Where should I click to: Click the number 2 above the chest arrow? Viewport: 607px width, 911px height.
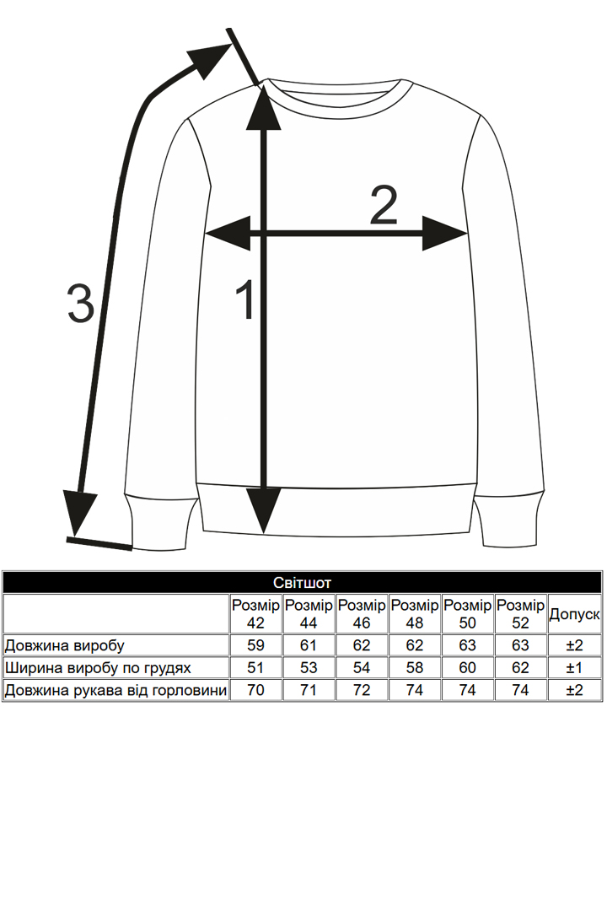(x=384, y=207)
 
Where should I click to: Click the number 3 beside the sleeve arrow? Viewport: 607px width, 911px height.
(x=80, y=304)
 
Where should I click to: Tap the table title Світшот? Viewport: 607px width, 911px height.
(x=303, y=583)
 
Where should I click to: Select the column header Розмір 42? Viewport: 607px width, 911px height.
(x=256, y=614)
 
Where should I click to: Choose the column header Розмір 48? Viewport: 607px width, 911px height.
(x=415, y=614)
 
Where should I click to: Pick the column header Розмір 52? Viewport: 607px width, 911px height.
(x=520, y=614)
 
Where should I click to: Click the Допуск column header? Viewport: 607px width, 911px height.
(x=574, y=615)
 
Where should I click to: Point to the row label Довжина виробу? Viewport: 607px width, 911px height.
(x=65, y=646)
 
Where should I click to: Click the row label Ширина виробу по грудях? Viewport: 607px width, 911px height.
(x=98, y=668)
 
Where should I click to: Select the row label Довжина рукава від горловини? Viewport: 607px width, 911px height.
(x=115, y=690)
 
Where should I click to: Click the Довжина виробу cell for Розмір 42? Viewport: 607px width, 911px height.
(x=256, y=646)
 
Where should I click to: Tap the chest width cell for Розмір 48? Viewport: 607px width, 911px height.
(x=415, y=668)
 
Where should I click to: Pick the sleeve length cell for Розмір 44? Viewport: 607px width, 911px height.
(x=309, y=690)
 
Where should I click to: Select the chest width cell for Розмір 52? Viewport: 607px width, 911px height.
(x=520, y=668)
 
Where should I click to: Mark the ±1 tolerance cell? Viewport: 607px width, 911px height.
(x=574, y=668)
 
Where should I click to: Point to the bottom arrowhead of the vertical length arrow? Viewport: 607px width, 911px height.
(x=264, y=510)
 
